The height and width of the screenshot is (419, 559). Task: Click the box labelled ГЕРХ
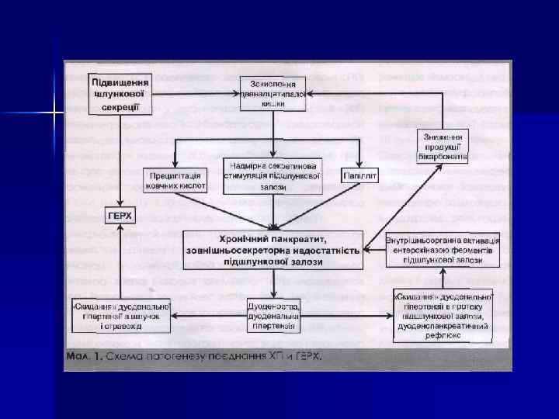click(x=119, y=214)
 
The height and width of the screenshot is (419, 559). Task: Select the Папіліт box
click(x=359, y=176)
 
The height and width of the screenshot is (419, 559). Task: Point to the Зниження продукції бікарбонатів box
click(x=442, y=146)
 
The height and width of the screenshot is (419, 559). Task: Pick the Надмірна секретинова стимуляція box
click(x=273, y=175)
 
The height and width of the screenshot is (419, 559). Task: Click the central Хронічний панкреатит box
click(x=273, y=248)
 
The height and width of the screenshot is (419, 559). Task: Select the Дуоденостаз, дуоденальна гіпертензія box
click(x=273, y=314)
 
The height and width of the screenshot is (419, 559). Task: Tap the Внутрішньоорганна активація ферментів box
click(x=443, y=250)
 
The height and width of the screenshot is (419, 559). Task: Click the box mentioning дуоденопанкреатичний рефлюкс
click(x=443, y=314)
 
